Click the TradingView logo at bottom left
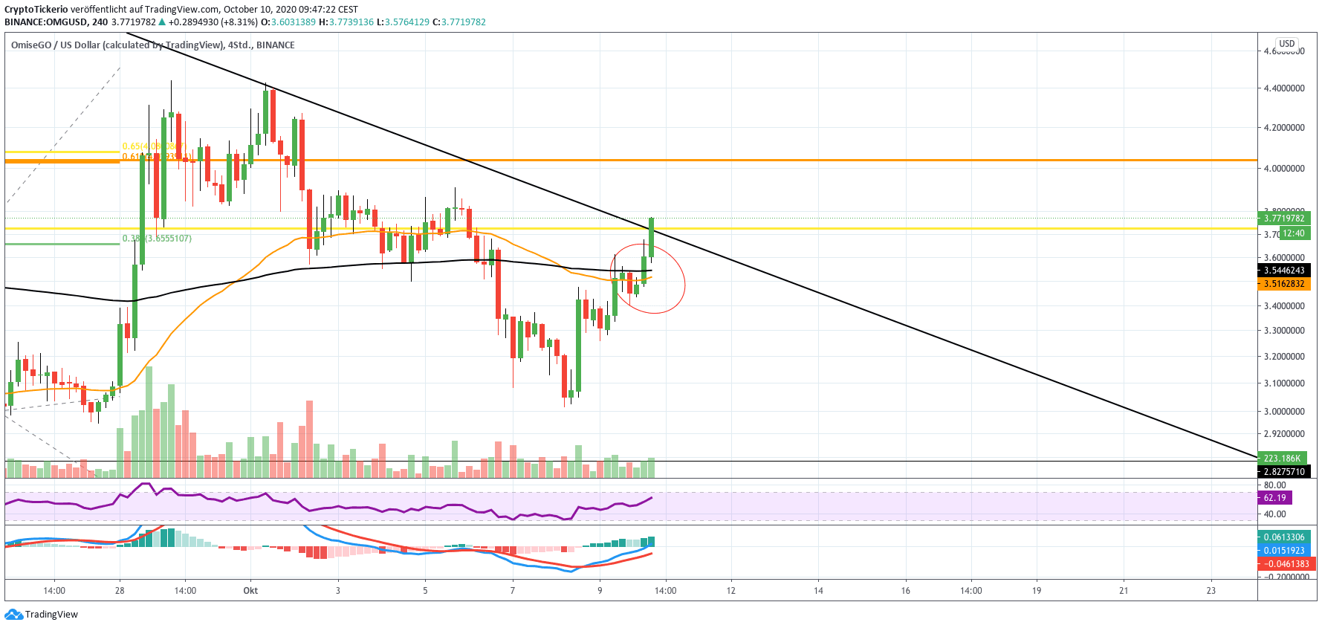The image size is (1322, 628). point(41,615)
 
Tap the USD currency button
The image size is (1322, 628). point(1286,44)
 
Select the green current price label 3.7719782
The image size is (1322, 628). point(1283,218)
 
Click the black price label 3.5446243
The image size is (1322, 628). point(1283,271)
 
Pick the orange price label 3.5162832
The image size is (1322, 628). point(1283,284)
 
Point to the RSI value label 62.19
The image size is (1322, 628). point(1274,498)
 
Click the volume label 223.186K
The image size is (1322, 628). point(1282,459)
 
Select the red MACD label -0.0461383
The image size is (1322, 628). point(1286,564)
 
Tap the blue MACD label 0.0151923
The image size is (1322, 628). point(1283,551)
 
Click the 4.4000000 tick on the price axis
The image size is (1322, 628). point(1284,88)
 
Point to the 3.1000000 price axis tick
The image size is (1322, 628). point(1284,383)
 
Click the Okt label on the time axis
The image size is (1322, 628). point(250,591)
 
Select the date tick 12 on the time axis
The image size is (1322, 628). point(731,591)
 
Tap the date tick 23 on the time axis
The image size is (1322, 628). point(1211,591)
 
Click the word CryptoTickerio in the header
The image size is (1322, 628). point(36,10)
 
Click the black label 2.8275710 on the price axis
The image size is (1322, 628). point(1283,472)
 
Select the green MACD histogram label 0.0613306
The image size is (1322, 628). point(1283,537)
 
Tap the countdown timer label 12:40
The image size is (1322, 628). point(1293,233)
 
